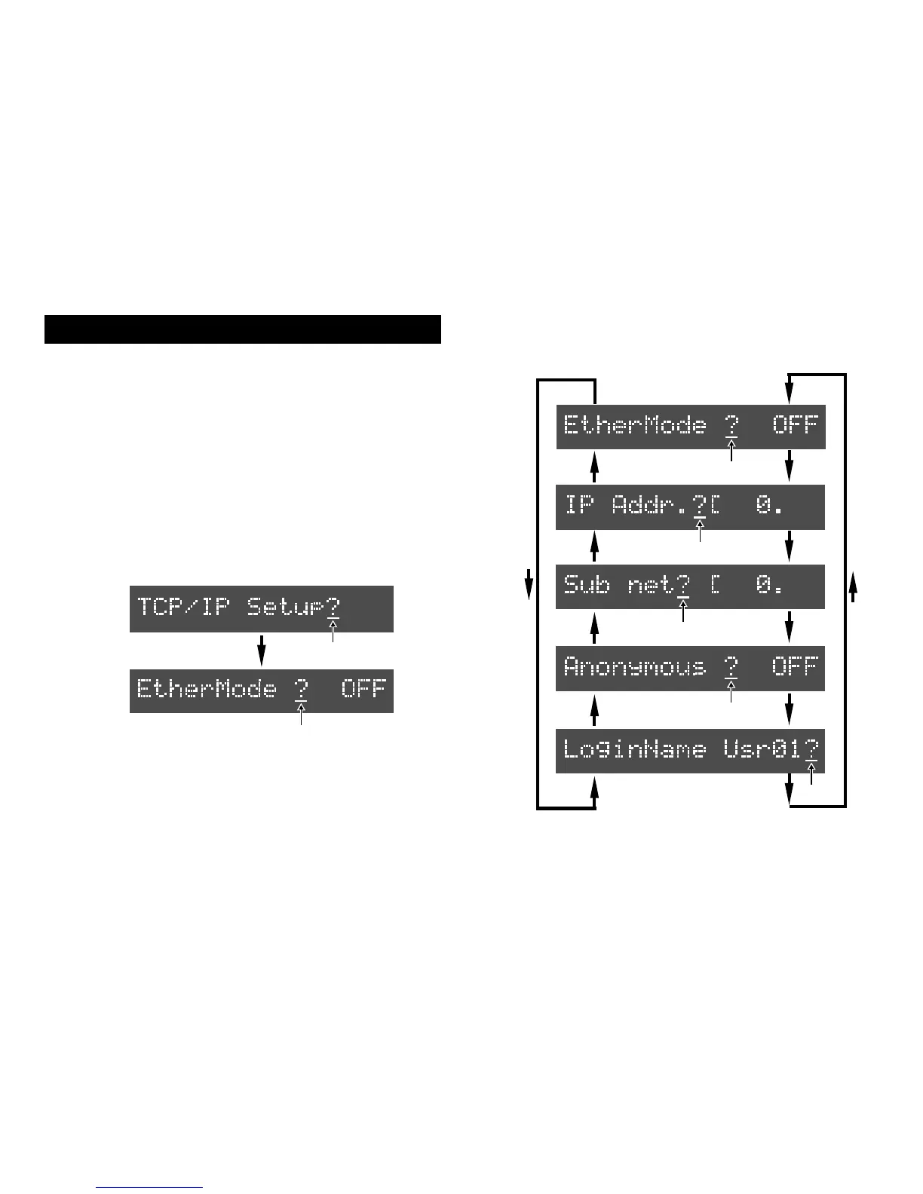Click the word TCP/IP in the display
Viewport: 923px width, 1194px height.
pos(182,607)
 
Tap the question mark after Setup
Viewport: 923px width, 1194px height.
pos(333,607)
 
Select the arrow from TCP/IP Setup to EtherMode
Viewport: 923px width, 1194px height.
pos(261,649)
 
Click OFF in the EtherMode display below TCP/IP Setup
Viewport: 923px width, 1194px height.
pos(363,688)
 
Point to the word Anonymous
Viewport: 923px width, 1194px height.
pos(634,667)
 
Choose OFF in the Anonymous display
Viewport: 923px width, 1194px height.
pos(795,667)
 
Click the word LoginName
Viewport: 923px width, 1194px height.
pos(634,750)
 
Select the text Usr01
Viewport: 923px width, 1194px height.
pos(762,750)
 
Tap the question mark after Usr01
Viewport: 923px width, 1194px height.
pos(811,750)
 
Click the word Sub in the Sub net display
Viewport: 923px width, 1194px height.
pos(586,585)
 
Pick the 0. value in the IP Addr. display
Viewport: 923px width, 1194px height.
pos(769,506)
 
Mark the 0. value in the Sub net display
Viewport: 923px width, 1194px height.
pos(769,585)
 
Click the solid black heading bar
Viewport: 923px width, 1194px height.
pos(242,329)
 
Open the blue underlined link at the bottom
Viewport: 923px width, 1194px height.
pos(149,1187)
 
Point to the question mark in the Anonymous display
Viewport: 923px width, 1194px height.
pos(730,667)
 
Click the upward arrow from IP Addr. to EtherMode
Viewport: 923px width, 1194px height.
pos(594,467)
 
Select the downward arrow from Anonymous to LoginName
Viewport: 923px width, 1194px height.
pos(790,709)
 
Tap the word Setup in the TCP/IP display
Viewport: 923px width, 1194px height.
pos(285,607)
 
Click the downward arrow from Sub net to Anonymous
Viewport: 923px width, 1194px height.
pos(790,626)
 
